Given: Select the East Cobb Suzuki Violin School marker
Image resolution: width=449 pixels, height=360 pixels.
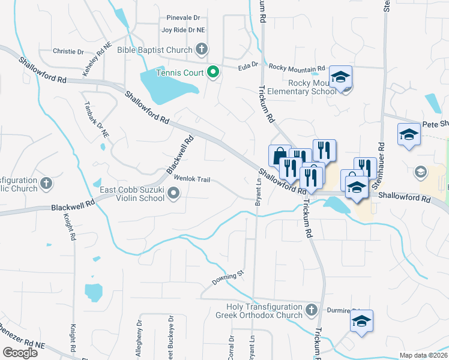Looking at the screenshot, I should coord(174,193).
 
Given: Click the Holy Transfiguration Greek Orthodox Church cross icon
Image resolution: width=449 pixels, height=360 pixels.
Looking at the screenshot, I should coord(311,310).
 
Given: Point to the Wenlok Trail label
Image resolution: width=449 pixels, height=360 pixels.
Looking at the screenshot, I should coord(193,179).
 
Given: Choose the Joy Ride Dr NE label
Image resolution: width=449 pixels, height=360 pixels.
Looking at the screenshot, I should coord(183,29).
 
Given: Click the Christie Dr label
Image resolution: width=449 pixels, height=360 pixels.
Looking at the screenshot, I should coord(68,52).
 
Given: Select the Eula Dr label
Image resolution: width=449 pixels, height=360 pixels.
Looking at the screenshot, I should coord(247,64).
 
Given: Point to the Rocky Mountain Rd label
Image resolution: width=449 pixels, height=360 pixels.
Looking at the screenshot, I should coord(297,67).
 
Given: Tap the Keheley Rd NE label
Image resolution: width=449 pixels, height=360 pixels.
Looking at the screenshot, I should coord(97,58).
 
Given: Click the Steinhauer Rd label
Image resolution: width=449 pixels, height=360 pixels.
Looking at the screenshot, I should coord(380,161).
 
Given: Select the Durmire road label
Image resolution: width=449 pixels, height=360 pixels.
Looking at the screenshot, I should coord(339,311).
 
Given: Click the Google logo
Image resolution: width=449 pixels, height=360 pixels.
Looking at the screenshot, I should coord(20,353).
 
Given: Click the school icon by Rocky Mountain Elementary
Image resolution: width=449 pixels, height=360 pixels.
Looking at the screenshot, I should coord(340,77).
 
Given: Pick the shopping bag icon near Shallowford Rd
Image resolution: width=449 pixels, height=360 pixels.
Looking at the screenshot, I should coord(279,156).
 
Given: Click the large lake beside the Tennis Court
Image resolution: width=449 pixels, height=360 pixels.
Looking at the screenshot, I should coord(166,86).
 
